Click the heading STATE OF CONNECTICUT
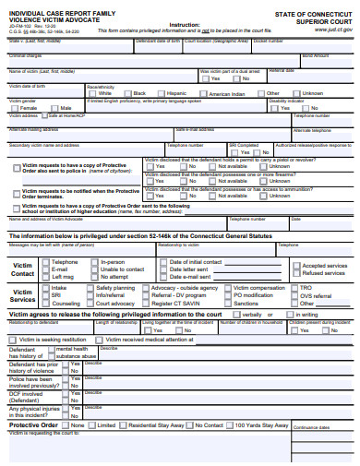click(313, 16)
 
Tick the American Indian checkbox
click(203, 93)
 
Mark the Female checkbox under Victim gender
click(16, 108)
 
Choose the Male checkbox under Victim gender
click(54, 108)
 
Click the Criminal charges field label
click(25, 55)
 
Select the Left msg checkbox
click(45, 277)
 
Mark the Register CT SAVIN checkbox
click(145, 304)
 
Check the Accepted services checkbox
click(297, 265)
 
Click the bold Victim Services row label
click(22, 295)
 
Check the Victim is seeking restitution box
click(14, 340)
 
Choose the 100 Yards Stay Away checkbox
click(229, 425)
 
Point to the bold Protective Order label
click(34, 425)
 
